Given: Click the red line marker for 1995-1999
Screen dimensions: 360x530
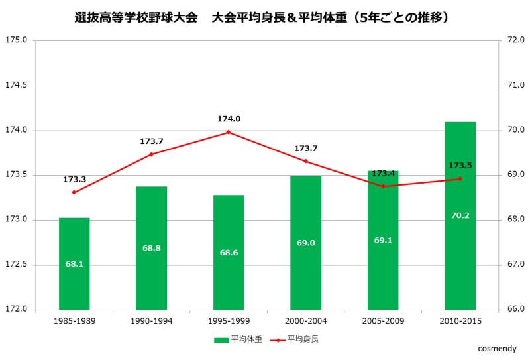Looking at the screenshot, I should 229,132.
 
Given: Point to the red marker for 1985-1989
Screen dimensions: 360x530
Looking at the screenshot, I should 74,192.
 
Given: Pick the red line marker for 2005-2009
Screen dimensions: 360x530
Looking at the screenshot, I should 383,186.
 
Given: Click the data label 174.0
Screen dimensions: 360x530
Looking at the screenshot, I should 229,119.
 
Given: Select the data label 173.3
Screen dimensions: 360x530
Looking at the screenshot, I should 74,179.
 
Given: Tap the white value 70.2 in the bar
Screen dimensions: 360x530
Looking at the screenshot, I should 460,215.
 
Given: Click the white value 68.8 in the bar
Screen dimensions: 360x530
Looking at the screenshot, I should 152,248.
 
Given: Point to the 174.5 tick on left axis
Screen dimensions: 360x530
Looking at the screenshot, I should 17,86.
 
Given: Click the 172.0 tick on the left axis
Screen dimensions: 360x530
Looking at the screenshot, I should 17,310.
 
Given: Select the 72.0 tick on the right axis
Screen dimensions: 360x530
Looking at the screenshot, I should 515,40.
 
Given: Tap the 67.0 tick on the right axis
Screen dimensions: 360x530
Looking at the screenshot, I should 515,265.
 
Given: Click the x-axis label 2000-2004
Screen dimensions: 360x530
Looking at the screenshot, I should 305,321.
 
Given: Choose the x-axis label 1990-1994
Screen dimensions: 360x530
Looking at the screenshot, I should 152,321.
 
